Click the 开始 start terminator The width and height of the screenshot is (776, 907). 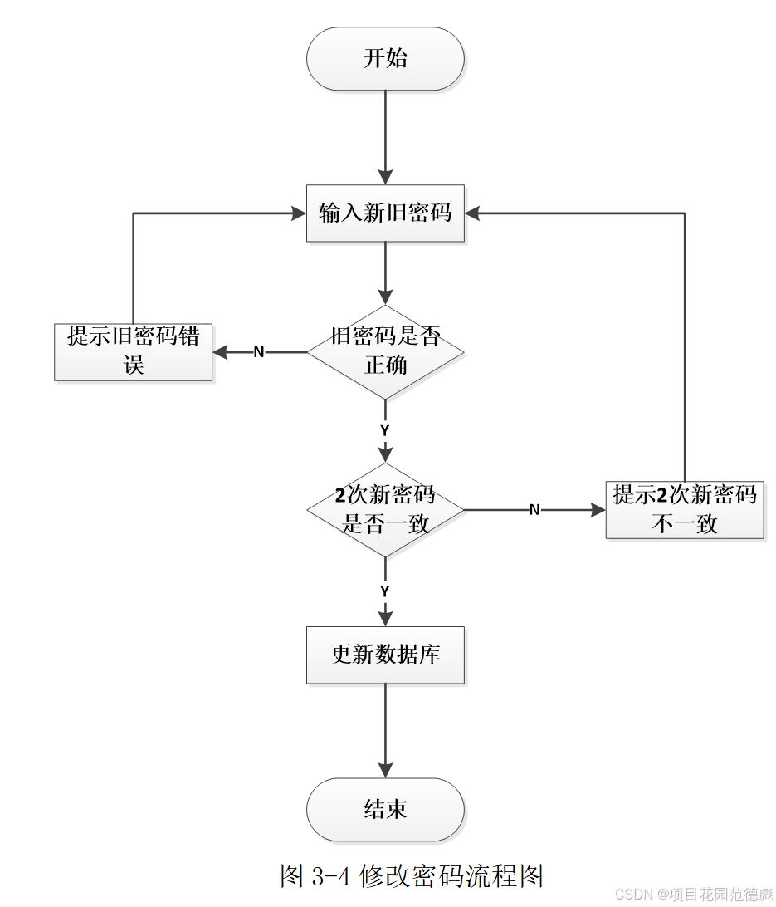pos(385,59)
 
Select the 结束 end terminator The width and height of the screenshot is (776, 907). pos(385,809)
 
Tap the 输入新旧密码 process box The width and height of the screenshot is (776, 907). pos(385,213)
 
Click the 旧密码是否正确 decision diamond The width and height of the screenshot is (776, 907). pos(385,351)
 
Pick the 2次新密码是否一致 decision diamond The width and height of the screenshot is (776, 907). pos(385,509)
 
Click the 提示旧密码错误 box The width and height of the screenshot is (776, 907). pos(133,351)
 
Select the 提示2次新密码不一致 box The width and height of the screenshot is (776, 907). pos(685,509)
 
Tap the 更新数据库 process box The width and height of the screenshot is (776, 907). pos(385,655)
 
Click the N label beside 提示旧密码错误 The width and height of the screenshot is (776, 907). pos(258,352)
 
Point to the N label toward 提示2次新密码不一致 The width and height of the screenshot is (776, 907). pos(534,510)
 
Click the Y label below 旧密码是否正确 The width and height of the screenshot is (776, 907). pos(385,431)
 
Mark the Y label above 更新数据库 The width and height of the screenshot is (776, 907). pos(385,591)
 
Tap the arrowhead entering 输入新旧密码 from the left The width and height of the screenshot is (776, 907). pos(298,213)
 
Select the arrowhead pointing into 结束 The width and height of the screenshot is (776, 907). pos(385,770)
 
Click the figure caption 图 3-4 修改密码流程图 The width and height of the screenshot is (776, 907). pos(412,875)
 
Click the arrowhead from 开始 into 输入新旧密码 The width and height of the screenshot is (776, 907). pos(385,176)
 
